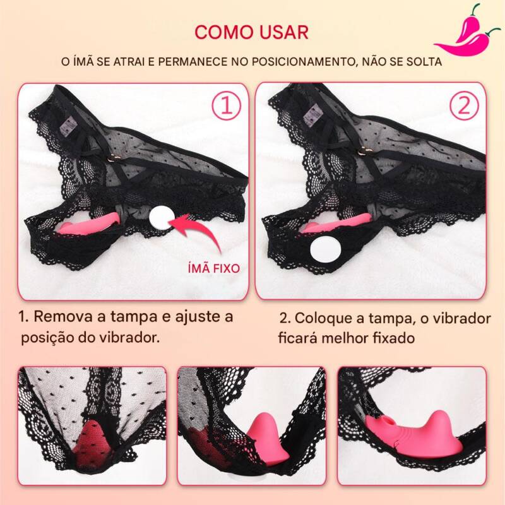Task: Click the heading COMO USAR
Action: pos(251,32)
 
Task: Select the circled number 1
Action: pos(227,105)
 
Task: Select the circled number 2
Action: pos(464,105)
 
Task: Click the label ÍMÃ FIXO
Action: pos(214,268)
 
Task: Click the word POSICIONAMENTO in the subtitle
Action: pos(303,61)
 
